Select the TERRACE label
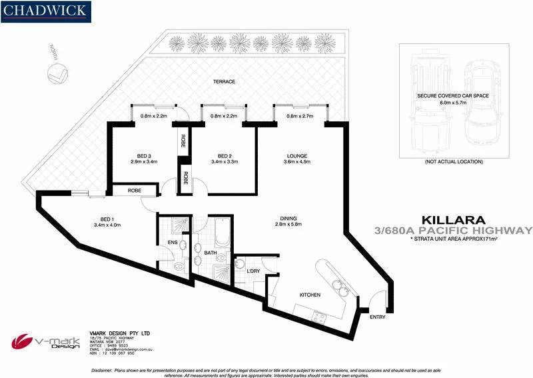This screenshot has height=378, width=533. coord(224,82)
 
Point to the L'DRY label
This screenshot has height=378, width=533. coord(253,271)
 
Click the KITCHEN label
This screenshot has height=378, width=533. coord(310,295)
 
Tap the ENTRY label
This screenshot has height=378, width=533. coord(376,317)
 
